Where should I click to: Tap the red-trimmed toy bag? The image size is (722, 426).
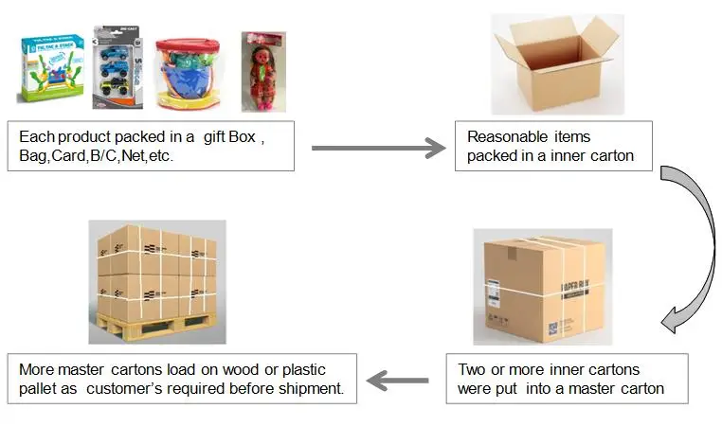pyautogui.click(x=186, y=73)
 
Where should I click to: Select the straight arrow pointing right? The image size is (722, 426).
pyautogui.click(x=378, y=148)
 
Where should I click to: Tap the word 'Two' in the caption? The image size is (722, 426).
pyautogui.click(x=472, y=369)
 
